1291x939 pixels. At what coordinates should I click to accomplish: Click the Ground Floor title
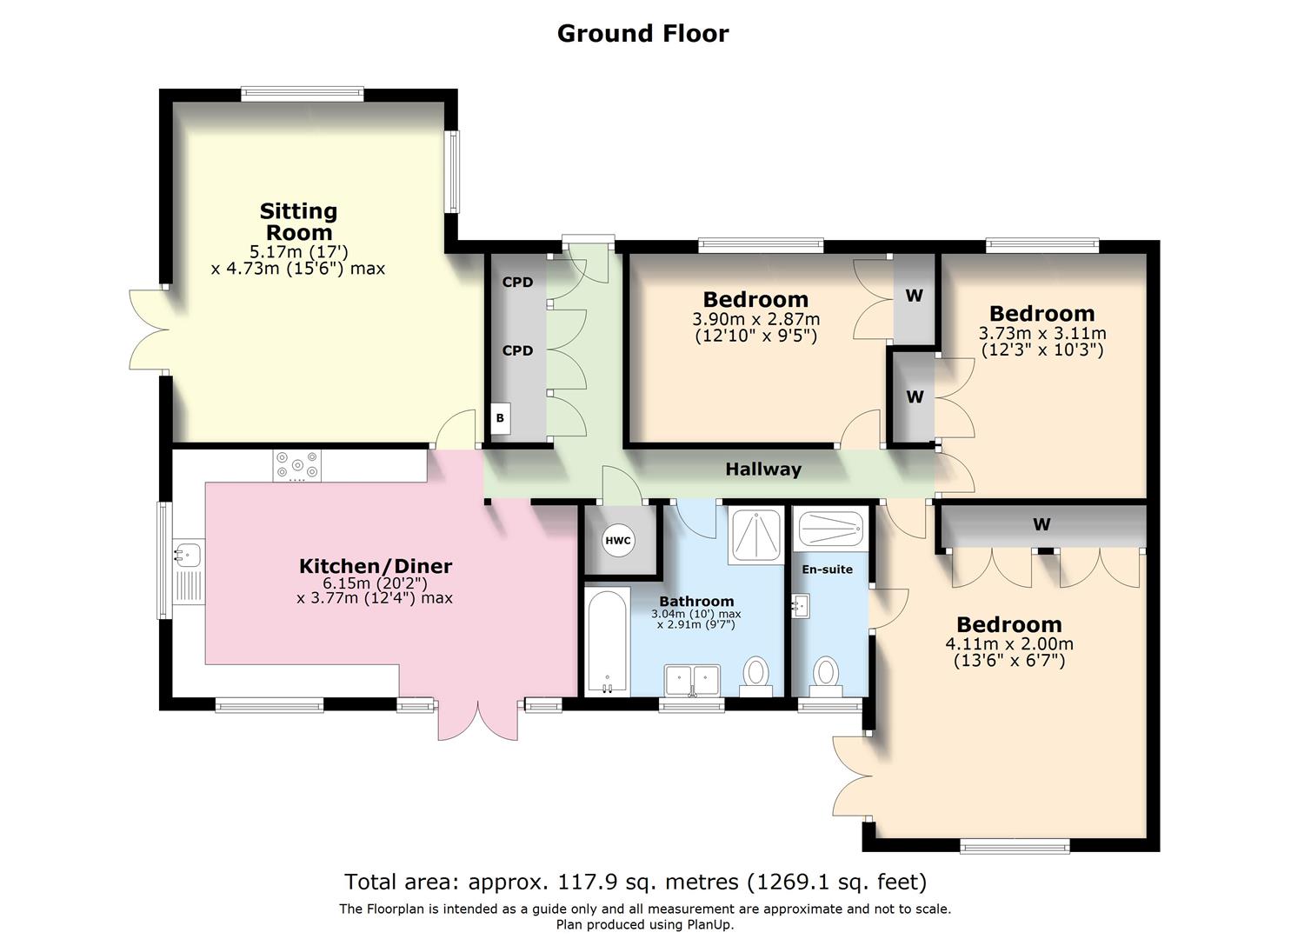(642, 33)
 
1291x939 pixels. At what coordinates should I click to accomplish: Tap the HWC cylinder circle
(618, 541)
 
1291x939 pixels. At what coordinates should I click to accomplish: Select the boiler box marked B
(500, 418)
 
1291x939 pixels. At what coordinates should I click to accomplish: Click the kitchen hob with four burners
(296, 465)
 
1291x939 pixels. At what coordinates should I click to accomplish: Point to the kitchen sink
(187, 553)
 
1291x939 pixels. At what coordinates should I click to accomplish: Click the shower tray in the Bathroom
(755, 534)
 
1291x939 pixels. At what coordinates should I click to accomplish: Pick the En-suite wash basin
(801, 605)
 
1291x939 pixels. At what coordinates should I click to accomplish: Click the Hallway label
(763, 469)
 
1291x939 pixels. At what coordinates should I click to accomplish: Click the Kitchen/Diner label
(376, 567)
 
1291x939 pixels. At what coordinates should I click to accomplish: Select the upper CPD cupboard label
(517, 283)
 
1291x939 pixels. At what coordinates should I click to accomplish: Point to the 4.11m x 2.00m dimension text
(1008, 644)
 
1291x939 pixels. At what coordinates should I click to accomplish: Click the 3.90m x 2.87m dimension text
(755, 319)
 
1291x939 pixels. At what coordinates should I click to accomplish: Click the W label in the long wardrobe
(1041, 524)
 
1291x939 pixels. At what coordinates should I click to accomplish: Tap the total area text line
(636, 882)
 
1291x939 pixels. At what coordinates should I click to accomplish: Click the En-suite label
(827, 569)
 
